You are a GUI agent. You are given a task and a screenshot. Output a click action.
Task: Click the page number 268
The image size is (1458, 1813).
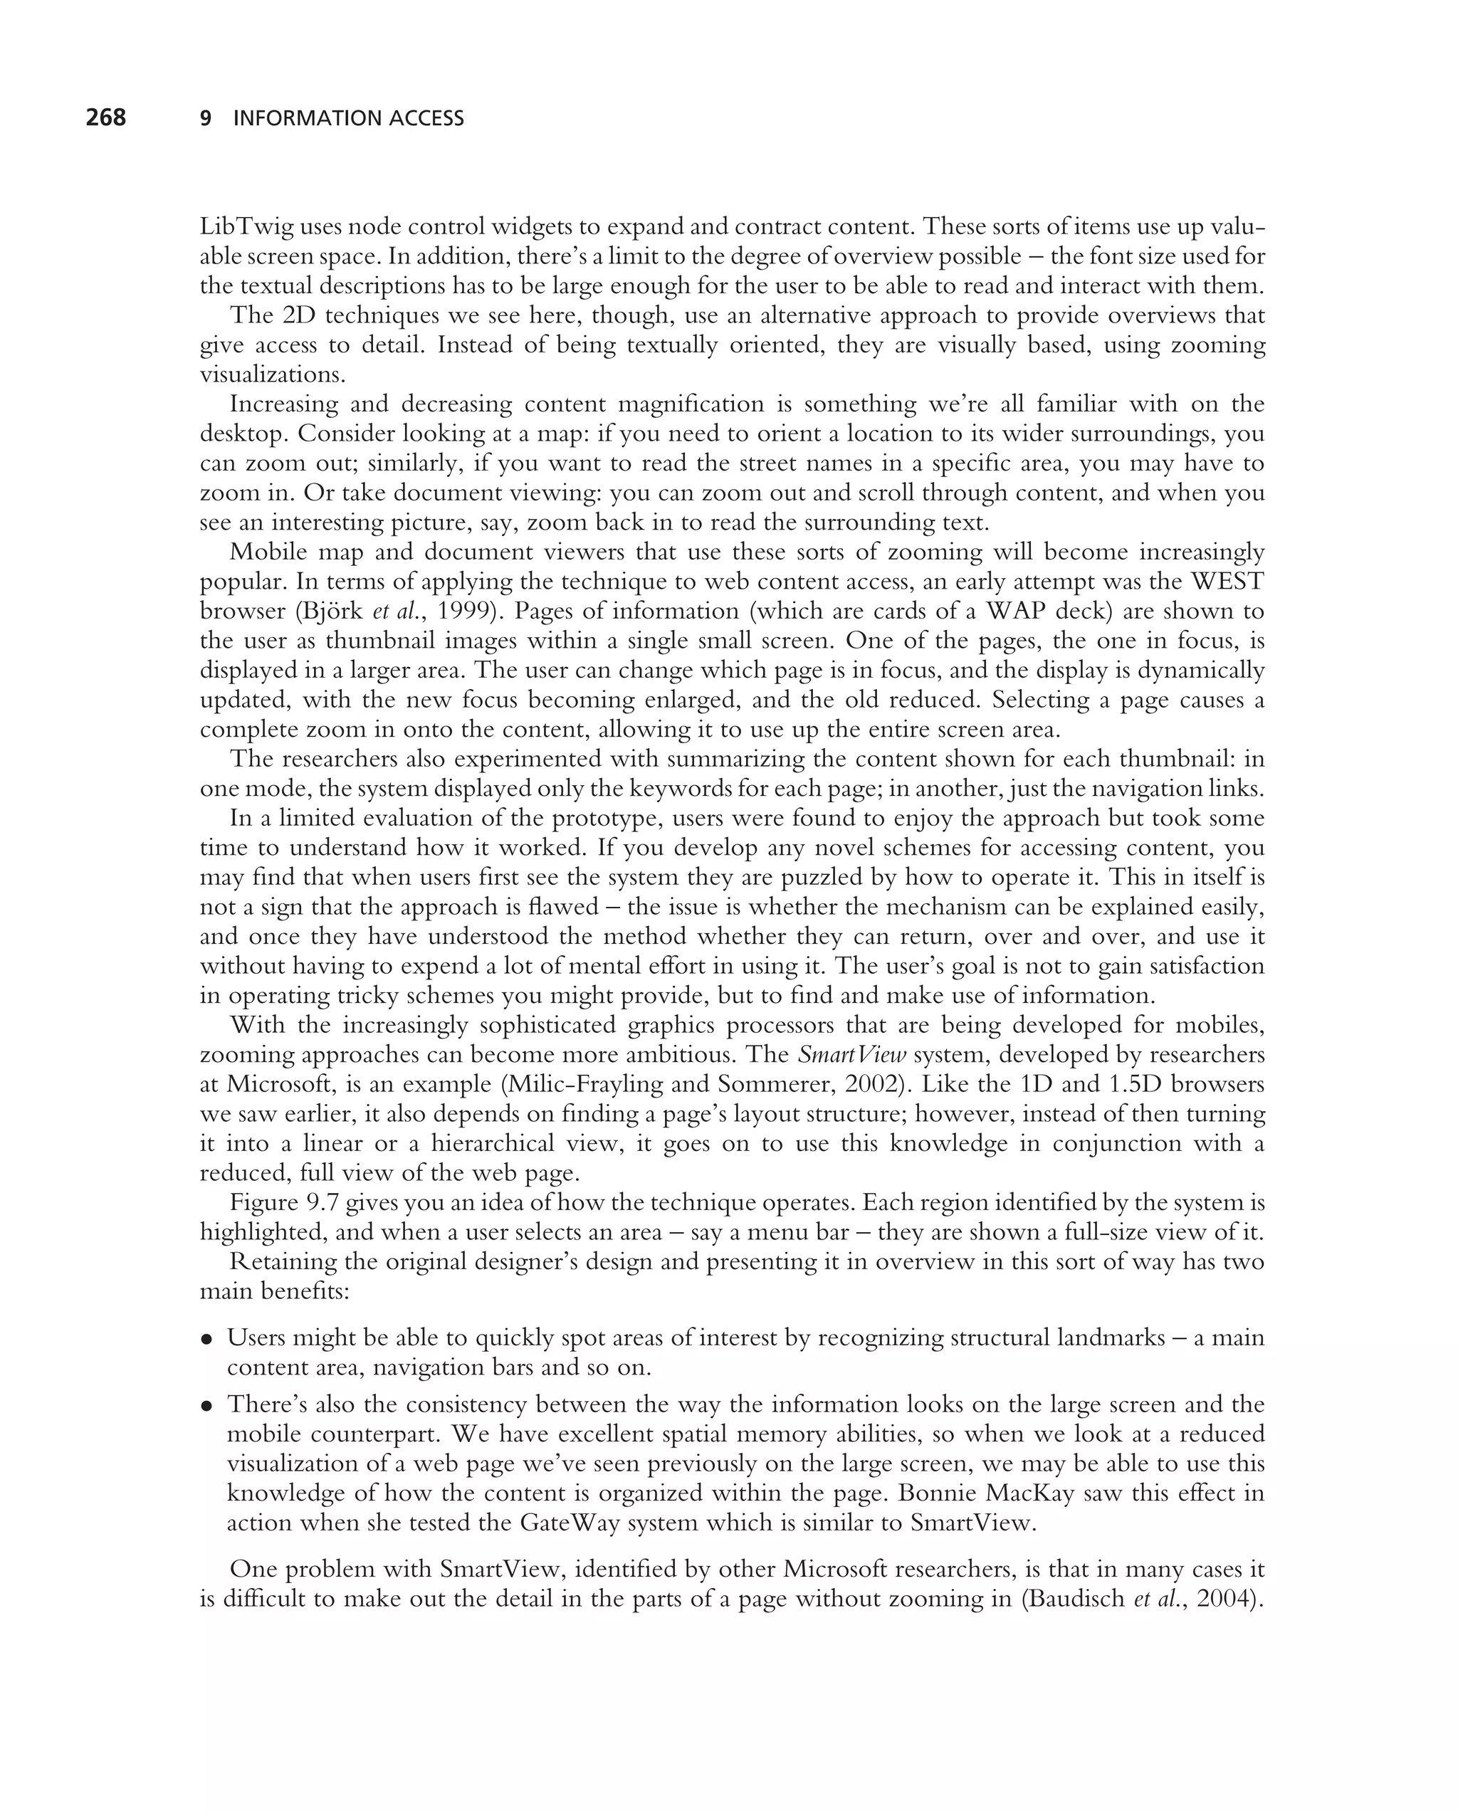tap(106, 117)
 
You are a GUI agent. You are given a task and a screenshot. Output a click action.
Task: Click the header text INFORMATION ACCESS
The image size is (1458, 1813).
tap(348, 119)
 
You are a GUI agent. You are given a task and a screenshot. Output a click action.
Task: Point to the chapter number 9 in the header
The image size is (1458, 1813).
tap(205, 119)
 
